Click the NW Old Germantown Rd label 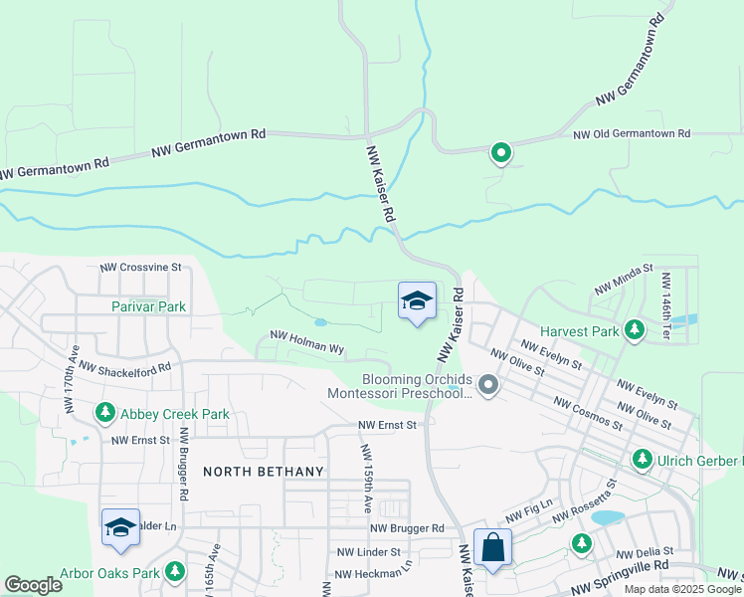(631, 133)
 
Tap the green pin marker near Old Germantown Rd (501, 153)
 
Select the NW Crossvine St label (141, 267)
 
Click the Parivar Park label (148, 307)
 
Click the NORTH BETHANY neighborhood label (264, 472)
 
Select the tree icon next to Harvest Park (634, 329)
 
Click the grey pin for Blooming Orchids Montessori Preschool (487, 384)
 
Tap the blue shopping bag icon (492, 547)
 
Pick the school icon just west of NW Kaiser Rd (417, 300)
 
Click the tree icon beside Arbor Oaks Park (175, 571)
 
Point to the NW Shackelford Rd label (125, 367)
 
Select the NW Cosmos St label (589, 411)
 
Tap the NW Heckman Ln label (373, 574)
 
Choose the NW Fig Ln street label (527, 515)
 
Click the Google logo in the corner (34, 585)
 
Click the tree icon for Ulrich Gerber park (643, 459)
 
